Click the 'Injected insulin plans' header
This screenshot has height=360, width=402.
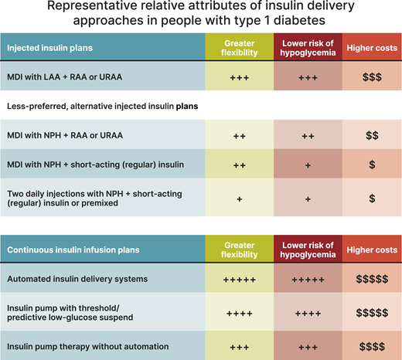(x=50, y=48)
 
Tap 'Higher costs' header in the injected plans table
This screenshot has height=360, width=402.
(x=372, y=48)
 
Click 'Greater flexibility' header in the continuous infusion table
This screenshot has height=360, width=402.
(x=239, y=250)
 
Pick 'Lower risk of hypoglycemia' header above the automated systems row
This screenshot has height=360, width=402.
(x=308, y=250)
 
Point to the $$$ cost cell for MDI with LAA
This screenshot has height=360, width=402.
(x=372, y=79)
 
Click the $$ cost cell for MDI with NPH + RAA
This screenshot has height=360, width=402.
(x=372, y=135)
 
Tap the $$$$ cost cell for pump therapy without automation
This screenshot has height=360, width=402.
(x=372, y=345)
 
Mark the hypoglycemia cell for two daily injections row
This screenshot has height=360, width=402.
(x=308, y=199)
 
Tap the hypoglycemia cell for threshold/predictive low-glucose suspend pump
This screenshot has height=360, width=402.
(x=308, y=313)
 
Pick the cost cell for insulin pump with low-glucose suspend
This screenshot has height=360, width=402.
(x=372, y=313)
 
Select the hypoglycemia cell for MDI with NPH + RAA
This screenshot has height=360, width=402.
(x=308, y=135)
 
